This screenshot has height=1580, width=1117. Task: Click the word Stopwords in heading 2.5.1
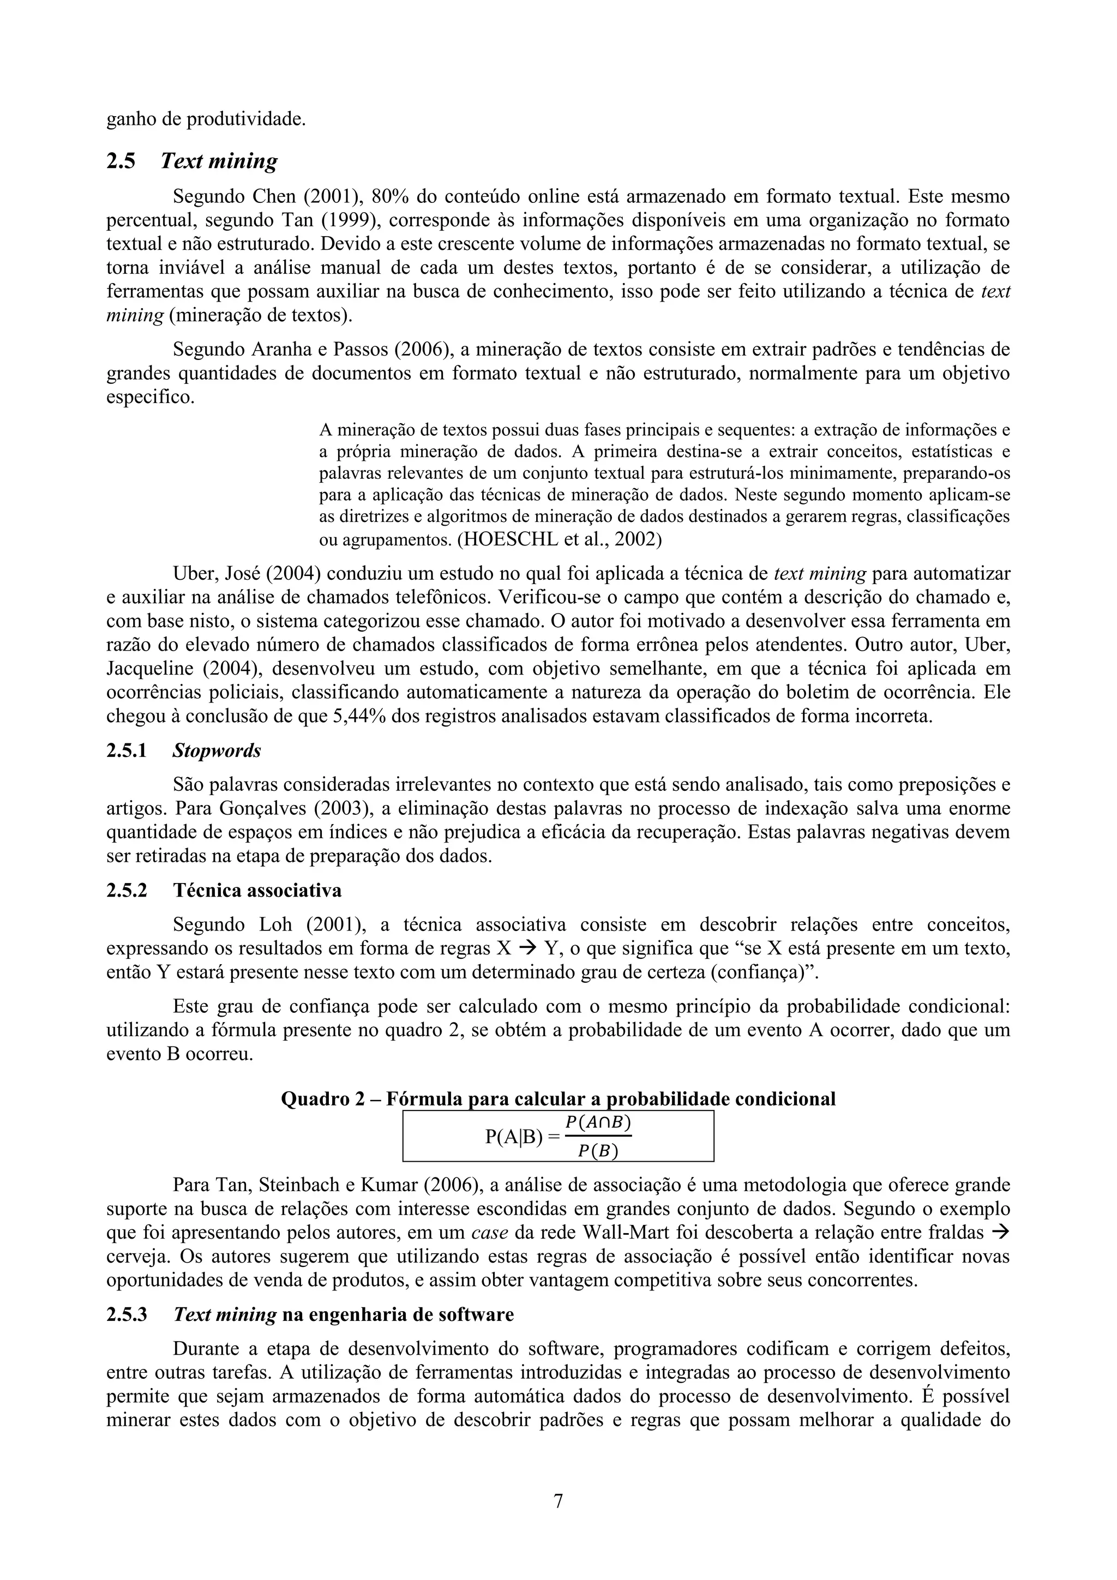pyautogui.click(x=217, y=751)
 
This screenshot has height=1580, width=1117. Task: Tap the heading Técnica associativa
pyautogui.click(x=257, y=891)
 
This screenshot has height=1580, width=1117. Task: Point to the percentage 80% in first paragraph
pyautogui.click(x=390, y=197)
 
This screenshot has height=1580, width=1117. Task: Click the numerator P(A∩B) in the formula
pyautogui.click(x=597, y=1122)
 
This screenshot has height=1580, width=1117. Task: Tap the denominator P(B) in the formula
pyautogui.click(x=597, y=1150)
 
